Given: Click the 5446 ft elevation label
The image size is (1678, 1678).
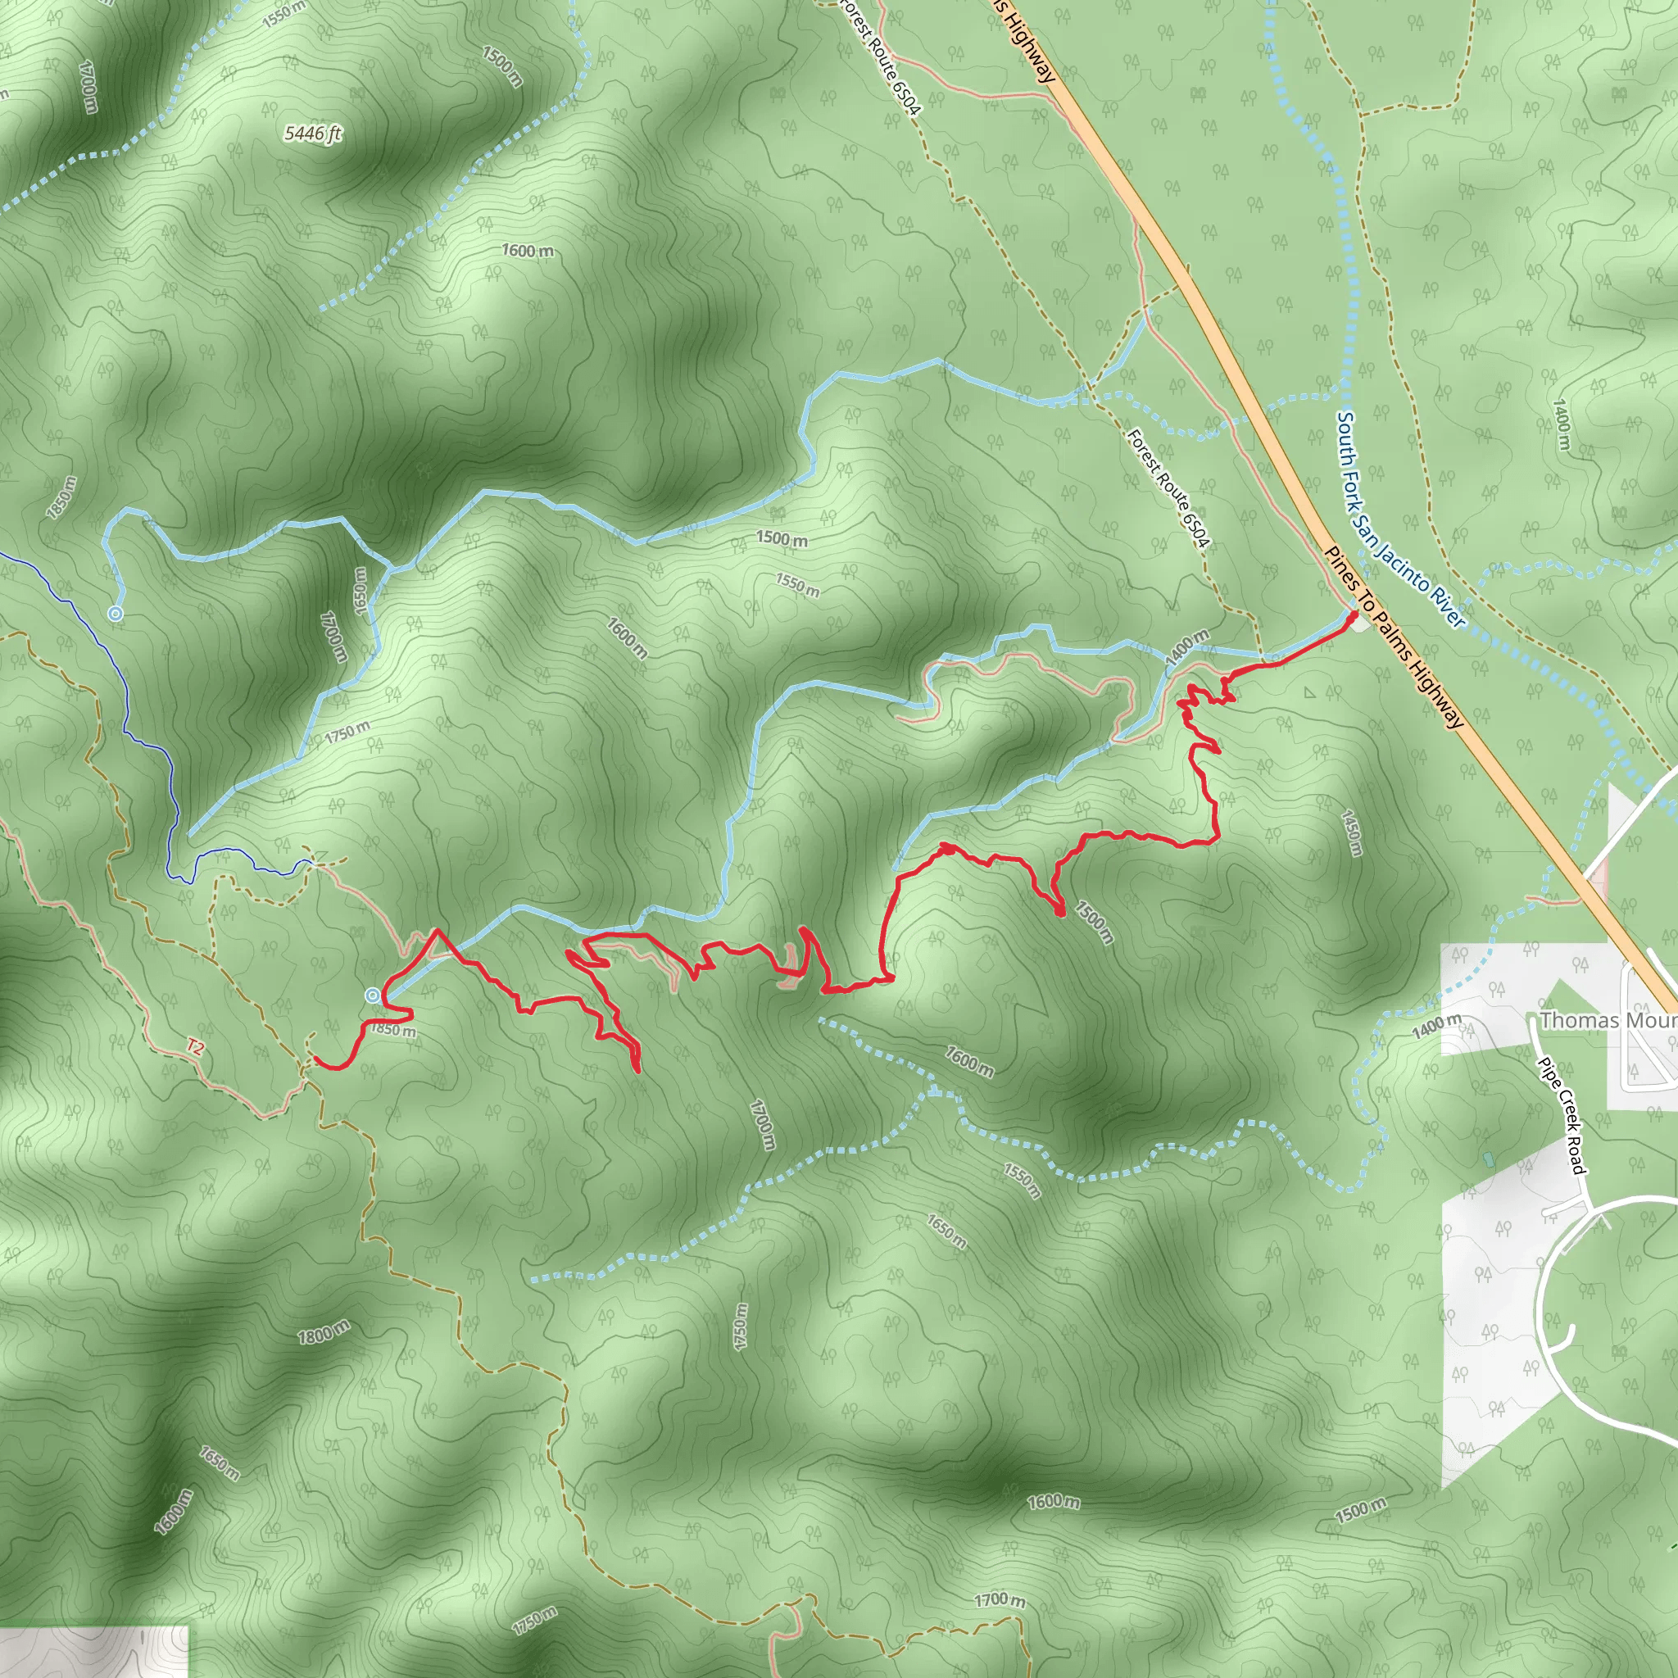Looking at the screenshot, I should tap(313, 134).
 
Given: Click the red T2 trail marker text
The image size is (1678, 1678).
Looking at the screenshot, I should tap(196, 1047).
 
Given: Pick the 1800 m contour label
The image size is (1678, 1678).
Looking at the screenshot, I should tap(324, 1331).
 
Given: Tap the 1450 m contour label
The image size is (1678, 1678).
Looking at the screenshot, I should tap(1351, 833).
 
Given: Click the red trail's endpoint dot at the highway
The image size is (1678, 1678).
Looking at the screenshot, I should tap(1354, 615).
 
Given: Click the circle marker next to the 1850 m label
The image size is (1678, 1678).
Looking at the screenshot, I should tap(373, 995).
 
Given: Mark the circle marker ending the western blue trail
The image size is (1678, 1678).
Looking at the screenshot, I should tap(116, 614).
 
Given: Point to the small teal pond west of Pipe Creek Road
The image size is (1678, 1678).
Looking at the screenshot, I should tap(1490, 1159).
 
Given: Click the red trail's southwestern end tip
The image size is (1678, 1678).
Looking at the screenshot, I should tap(315, 1061).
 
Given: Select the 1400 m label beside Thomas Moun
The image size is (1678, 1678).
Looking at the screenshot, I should tap(1436, 1027).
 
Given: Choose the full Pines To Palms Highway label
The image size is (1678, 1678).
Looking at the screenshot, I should tap(1394, 637).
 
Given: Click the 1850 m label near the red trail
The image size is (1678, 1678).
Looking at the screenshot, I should tap(392, 1030).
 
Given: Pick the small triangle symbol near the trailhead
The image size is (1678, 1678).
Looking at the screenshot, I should tap(1310, 693).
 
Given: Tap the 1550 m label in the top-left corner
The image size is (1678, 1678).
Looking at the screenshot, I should tap(284, 13).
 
